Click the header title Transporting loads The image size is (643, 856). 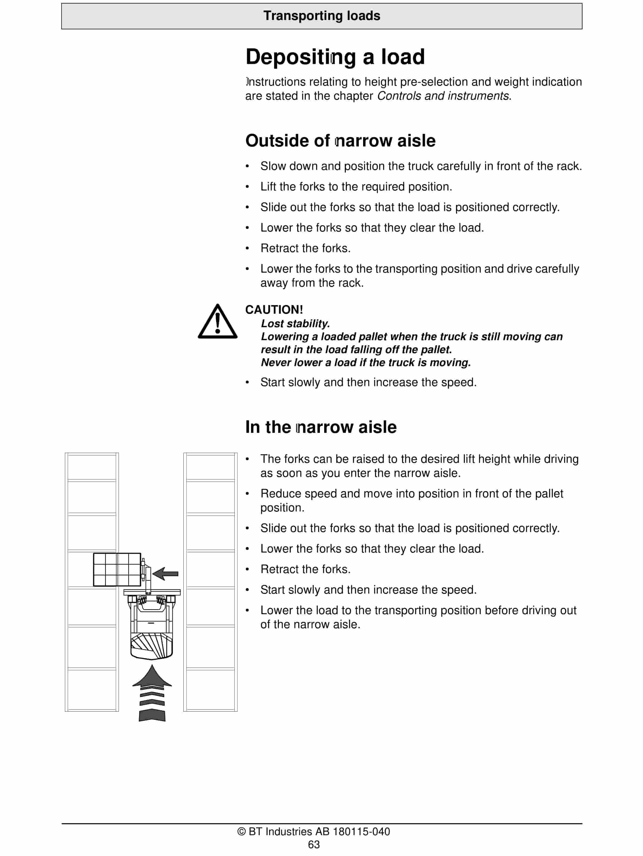click(321, 16)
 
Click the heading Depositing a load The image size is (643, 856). click(335, 57)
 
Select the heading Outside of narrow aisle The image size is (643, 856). click(340, 141)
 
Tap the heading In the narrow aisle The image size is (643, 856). click(321, 427)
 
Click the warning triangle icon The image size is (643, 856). click(217, 322)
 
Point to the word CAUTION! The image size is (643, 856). click(274, 310)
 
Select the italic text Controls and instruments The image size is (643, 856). click(443, 96)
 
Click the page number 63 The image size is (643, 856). click(314, 844)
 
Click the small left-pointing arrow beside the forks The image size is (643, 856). click(166, 574)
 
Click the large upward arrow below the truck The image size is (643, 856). click(152, 693)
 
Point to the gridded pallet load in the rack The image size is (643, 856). click(117, 569)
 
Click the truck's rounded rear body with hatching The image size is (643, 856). click(152, 646)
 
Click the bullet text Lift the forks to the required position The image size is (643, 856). click(356, 186)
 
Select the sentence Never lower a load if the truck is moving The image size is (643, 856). click(366, 363)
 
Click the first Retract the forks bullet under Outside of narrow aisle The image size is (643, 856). click(305, 248)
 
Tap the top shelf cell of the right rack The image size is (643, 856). click(210, 467)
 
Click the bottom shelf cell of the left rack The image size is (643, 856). click(92, 690)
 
